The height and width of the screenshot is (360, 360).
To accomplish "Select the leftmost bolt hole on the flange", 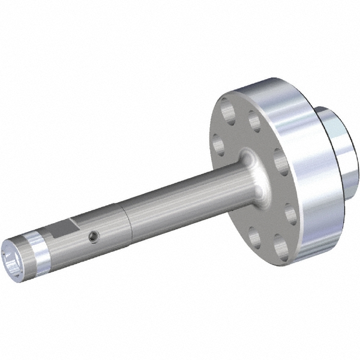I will point(218,143).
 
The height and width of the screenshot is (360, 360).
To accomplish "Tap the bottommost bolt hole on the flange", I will point(280,246).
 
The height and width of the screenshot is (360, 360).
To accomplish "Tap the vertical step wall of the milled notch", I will point(73,226).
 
